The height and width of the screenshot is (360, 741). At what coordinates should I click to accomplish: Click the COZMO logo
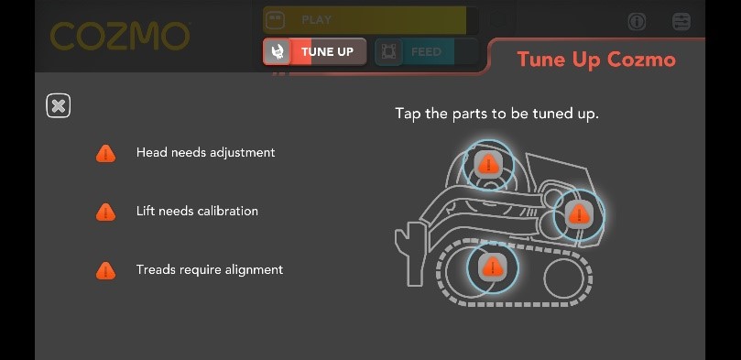119,37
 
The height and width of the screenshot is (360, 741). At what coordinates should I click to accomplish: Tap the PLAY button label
316,19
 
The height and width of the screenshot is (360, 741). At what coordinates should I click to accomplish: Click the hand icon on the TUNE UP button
278,51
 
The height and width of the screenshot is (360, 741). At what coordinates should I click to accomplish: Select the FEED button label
426,52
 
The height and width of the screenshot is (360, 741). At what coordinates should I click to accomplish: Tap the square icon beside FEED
388,52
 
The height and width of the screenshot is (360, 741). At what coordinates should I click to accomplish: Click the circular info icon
637,21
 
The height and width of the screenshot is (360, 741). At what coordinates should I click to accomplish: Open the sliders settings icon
681,21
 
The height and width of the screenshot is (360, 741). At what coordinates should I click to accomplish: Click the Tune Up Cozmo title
596,60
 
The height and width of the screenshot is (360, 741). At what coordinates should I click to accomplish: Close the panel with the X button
58,106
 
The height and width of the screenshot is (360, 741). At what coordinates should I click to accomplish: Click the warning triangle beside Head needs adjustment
106,153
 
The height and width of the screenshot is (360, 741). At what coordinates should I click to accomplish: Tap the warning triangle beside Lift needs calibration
106,212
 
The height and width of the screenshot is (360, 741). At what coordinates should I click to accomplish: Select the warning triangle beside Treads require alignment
106,270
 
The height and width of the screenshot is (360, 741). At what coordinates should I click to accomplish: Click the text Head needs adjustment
205,153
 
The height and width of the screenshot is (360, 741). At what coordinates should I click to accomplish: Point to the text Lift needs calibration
197,212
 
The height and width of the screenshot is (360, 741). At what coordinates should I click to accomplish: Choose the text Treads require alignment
210,270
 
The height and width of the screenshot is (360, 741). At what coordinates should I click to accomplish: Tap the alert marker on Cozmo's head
489,164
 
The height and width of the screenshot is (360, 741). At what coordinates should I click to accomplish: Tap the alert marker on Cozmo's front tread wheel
493,267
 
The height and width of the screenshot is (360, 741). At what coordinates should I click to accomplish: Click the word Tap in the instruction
408,114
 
